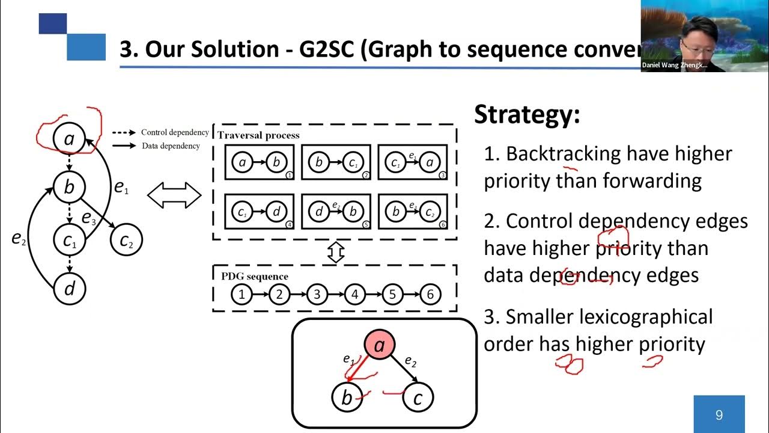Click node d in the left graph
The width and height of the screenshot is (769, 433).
point(70,289)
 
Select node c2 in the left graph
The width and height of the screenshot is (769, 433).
point(126,241)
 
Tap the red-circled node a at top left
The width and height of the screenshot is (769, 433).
point(70,140)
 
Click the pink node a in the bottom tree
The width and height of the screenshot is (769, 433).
point(380,345)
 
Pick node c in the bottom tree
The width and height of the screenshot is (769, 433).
point(418,398)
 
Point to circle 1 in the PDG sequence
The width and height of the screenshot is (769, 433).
point(242,295)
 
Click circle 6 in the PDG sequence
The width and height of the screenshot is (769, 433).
point(430,295)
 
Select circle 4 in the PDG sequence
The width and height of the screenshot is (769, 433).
point(354,295)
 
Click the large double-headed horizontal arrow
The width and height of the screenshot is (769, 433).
point(174,196)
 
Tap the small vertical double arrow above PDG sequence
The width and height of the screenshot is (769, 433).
point(335,253)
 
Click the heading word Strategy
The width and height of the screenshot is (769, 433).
point(527,114)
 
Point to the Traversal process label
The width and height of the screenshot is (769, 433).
point(258,135)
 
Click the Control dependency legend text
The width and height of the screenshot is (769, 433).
point(175,132)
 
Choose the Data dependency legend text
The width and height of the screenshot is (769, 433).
point(171,146)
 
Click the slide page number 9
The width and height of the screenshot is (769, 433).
point(719,414)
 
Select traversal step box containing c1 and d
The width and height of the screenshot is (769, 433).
point(260,211)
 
